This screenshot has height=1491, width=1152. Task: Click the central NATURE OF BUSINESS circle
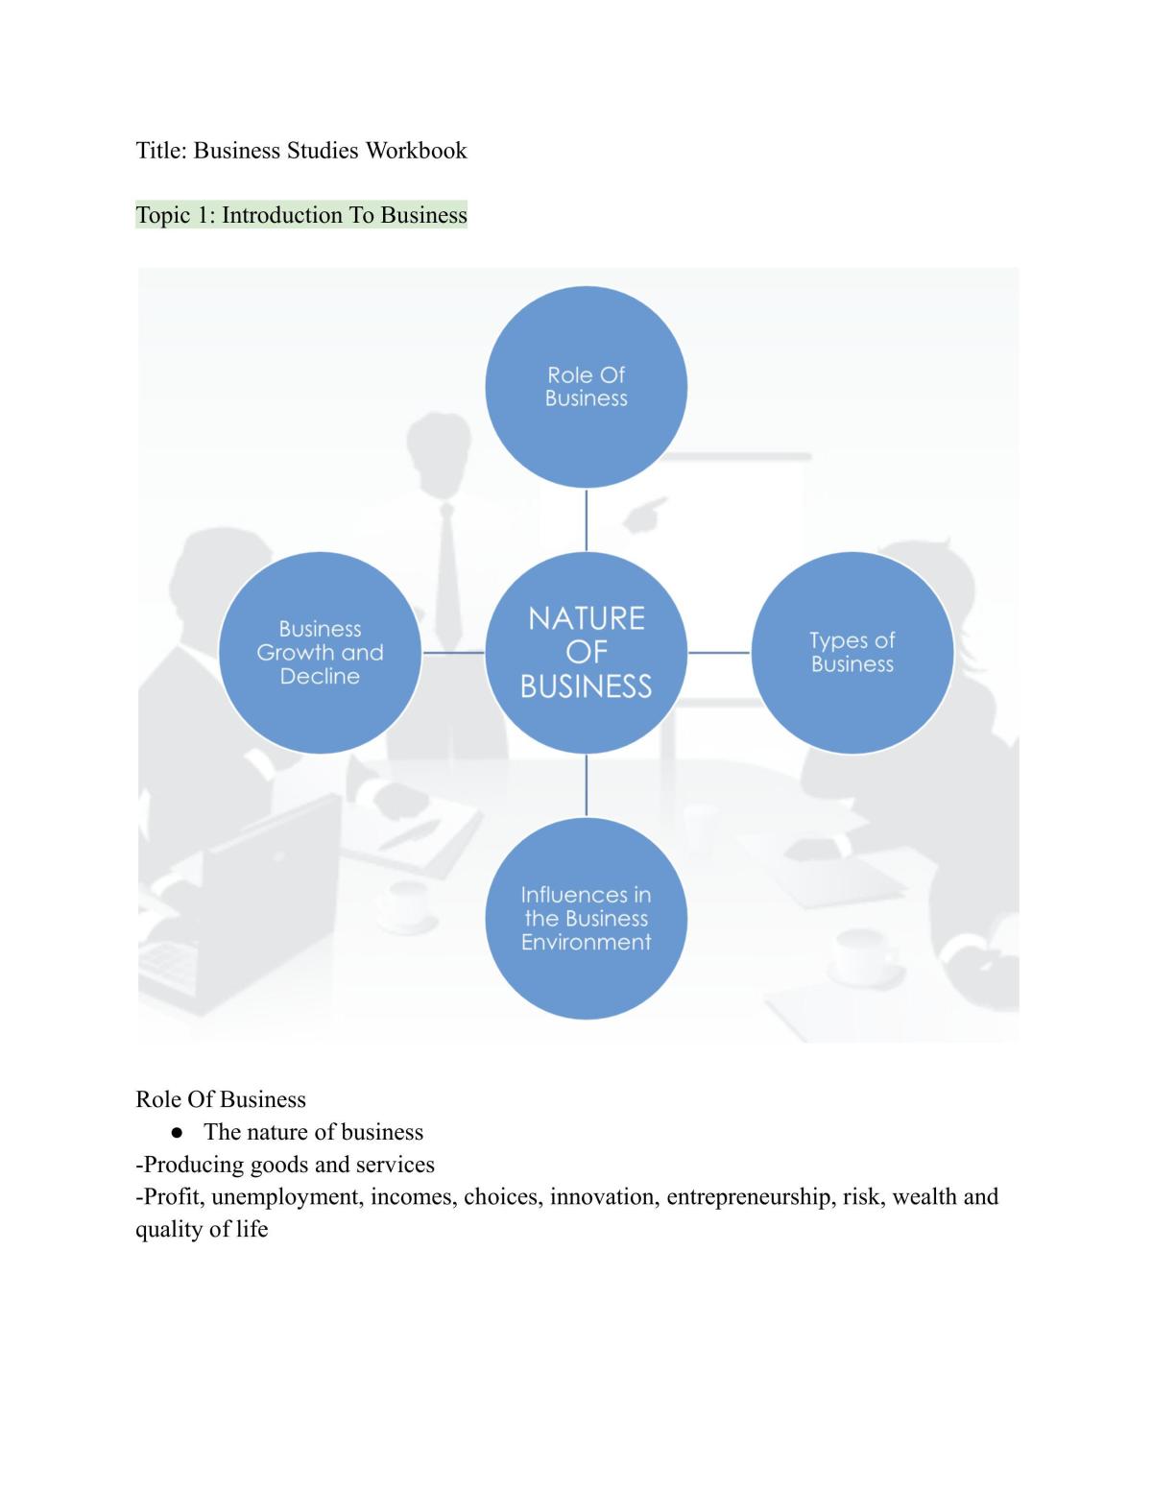(586, 653)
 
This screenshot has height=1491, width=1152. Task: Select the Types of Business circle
(852, 653)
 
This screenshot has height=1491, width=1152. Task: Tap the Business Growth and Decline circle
(320, 653)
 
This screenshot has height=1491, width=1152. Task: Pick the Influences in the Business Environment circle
(586, 918)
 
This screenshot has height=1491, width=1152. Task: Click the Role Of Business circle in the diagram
(586, 387)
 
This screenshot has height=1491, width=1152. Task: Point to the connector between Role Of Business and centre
(586, 520)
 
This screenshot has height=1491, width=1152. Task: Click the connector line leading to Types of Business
(719, 653)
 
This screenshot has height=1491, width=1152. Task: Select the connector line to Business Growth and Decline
(453, 653)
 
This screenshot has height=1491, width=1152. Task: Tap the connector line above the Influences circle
(586, 785)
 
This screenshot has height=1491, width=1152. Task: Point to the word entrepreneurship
(748, 1196)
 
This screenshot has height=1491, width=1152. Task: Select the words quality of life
(202, 1229)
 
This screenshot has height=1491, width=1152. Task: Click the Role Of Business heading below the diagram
(221, 1099)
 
